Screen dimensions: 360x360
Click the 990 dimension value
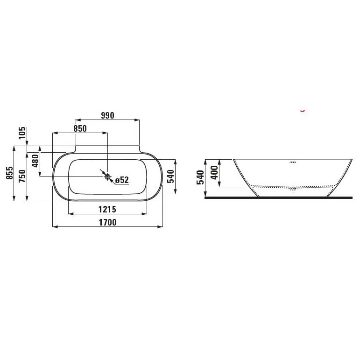pos(107,115)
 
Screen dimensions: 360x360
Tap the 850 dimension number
pos(79,129)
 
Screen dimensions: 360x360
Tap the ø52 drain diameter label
pos(121,180)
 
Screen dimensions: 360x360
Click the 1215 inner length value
pos(107,209)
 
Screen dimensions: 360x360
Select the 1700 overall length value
pos(107,223)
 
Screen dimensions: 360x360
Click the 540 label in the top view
pos(171,176)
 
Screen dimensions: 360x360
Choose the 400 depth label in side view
pos(214,173)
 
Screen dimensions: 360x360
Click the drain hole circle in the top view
pos(107,176)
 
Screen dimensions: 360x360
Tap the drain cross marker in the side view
pos(293,188)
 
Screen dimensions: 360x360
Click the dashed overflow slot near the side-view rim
pos(293,162)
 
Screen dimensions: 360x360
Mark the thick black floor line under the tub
pos(279,198)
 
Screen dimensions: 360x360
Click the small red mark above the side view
pos(303,111)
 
